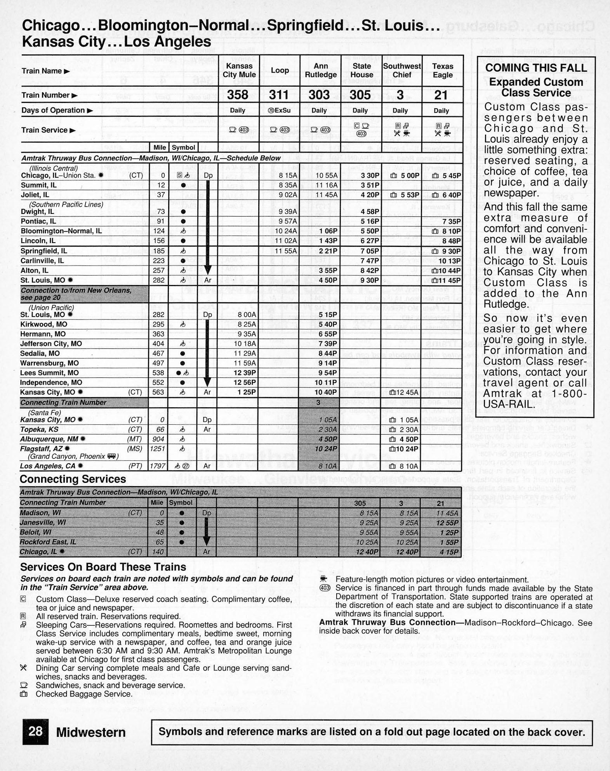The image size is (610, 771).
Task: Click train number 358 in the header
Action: point(238,95)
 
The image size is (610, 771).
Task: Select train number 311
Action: point(279,95)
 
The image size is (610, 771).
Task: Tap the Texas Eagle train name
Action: point(443,71)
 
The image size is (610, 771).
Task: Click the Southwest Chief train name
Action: point(401,71)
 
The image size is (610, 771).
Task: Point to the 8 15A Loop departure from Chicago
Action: point(288,175)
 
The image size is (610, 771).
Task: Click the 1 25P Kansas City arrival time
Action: point(247,392)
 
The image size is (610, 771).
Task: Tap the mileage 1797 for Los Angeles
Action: point(158,466)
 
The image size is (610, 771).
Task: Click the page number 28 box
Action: point(35,731)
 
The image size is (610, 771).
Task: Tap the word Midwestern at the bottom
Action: point(91,732)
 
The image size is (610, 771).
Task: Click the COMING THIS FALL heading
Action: point(536,68)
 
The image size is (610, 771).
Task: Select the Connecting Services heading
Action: point(73,479)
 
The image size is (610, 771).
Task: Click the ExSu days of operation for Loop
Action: point(279,110)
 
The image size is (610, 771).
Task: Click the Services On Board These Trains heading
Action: point(103,567)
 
